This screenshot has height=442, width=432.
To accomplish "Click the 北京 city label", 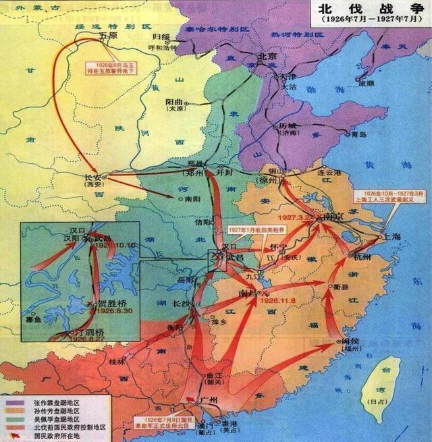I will [x=262, y=57].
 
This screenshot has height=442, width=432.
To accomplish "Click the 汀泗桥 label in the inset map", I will [x=89, y=333].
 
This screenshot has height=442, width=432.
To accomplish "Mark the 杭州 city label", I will [x=359, y=258].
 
